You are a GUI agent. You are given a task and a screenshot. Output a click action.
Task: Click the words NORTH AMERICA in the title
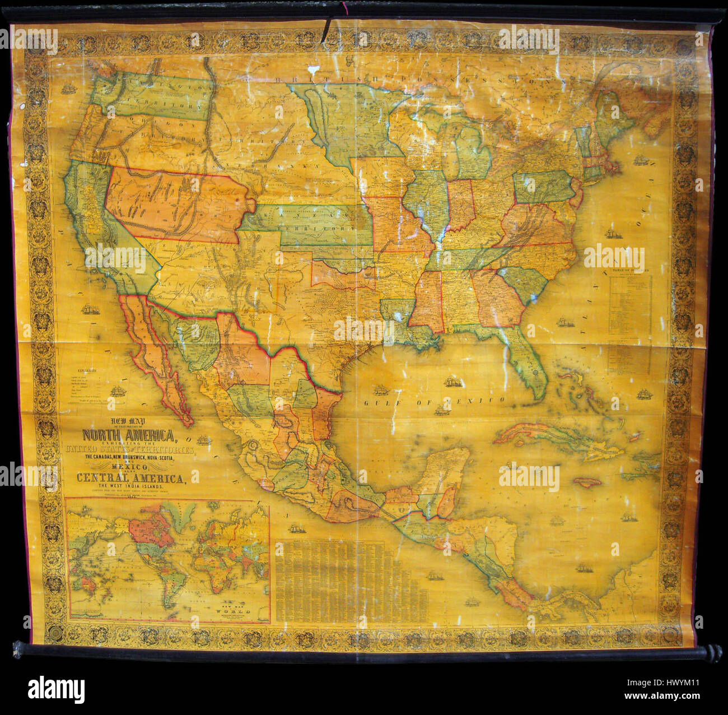[x=129, y=435]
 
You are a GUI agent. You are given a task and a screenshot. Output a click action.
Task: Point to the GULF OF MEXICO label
[x=434, y=401]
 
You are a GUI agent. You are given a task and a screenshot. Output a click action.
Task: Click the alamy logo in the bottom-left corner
[x=56, y=689]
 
